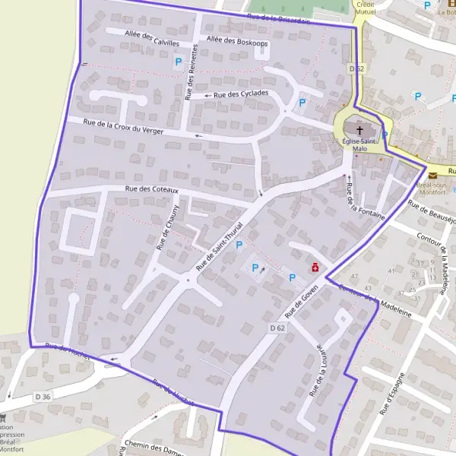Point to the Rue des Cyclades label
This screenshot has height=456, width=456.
tap(241, 94)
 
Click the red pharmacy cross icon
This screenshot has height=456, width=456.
tap(312, 267)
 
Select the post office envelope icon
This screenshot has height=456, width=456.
tap(432, 176)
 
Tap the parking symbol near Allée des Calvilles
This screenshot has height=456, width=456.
tap(179, 62)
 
